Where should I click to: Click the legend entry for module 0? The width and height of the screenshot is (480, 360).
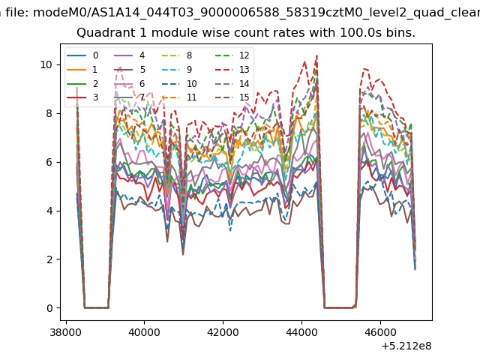[x=82, y=55]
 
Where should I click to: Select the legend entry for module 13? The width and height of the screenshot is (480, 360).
[x=232, y=70]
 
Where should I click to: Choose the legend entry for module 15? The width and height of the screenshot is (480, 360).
[x=232, y=97]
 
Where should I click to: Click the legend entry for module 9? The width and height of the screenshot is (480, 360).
[x=177, y=70]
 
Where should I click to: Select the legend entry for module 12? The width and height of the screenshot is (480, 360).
[x=232, y=55]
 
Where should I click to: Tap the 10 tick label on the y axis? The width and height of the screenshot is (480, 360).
[x=46, y=65]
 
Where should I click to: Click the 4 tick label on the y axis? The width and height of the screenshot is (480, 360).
[x=49, y=211]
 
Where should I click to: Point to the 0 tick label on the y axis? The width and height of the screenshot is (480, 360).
[x=49, y=308]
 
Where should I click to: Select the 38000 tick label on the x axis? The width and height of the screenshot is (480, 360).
[x=66, y=332]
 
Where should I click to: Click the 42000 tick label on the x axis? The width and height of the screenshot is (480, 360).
[x=223, y=332]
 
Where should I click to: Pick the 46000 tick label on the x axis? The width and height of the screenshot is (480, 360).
[x=380, y=332]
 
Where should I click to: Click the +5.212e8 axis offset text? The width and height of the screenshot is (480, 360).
[x=406, y=346]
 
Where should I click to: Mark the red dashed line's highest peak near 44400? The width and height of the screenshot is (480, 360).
[x=316, y=55]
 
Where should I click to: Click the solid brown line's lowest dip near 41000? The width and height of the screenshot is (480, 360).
[x=183, y=255]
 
